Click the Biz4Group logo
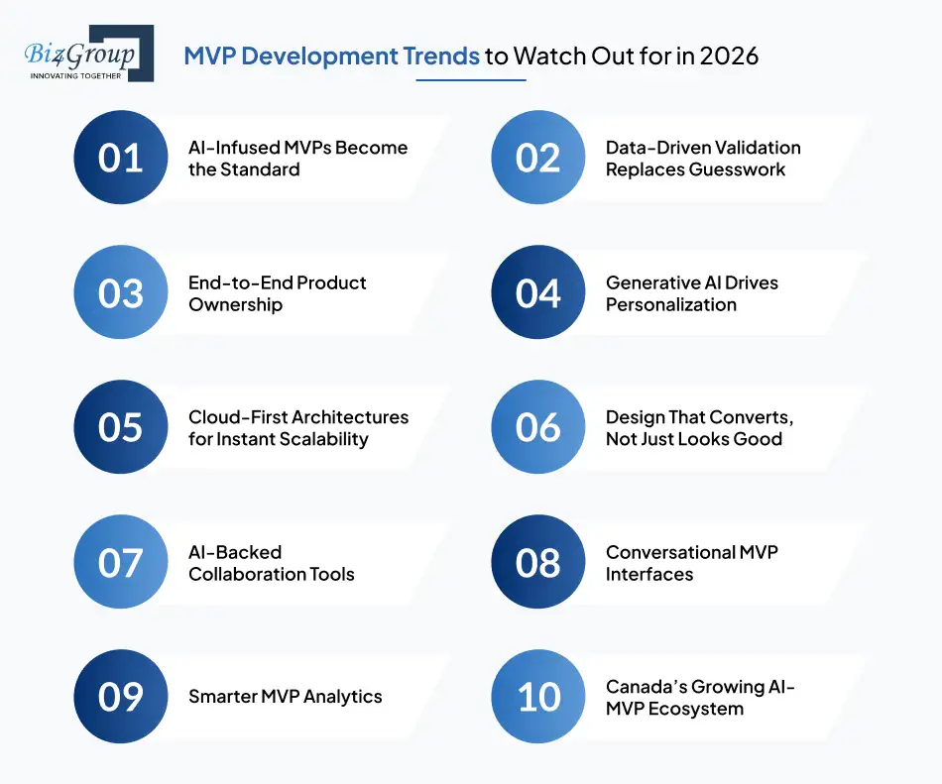pyautogui.click(x=88, y=55)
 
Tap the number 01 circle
pyautogui.click(x=120, y=158)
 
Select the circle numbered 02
pyautogui.click(x=537, y=158)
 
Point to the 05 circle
pyautogui.click(x=120, y=427)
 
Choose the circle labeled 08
pyautogui.click(x=537, y=562)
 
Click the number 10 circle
pyautogui.click(x=537, y=697)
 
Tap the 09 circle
pyautogui.click(x=120, y=697)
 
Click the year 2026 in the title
pyautogui.click(x=729, y=56)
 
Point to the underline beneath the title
pyautogui.click(x=470, y=80)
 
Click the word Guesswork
pyautogui.click(x=737, y=169)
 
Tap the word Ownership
pyautogui.click(x=235, y=304)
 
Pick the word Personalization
pyautogui.click(x=670, y=304)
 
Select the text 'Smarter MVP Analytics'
pyautogui.click(x=285, y=697)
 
